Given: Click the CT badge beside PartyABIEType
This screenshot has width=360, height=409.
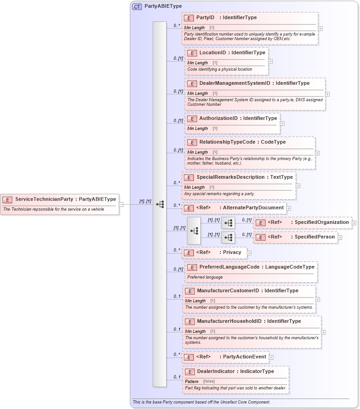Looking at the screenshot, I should tap(137, 6).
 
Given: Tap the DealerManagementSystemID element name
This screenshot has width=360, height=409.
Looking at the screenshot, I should tap(235, 83).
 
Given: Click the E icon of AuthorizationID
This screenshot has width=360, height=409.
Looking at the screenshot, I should tap(192, 119).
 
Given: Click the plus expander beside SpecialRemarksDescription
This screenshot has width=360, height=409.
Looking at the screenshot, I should tap(298, 186).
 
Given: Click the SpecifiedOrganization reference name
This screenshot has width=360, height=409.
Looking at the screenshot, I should tap(322, 223).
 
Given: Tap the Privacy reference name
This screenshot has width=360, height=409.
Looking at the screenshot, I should tap(232, 252).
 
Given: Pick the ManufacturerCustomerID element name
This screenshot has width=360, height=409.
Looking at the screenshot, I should tap(228, 291).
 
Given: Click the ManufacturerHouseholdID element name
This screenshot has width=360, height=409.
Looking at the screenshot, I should tap(231, 321).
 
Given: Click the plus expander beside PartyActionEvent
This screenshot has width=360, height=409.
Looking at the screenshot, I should tap(271, 357).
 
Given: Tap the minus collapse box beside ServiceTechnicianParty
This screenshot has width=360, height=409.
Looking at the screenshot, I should tap(121, 204).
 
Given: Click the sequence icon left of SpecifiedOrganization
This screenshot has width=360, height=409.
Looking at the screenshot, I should tap(228, 223).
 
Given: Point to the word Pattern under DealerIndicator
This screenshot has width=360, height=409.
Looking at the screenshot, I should tap(192, 381).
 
